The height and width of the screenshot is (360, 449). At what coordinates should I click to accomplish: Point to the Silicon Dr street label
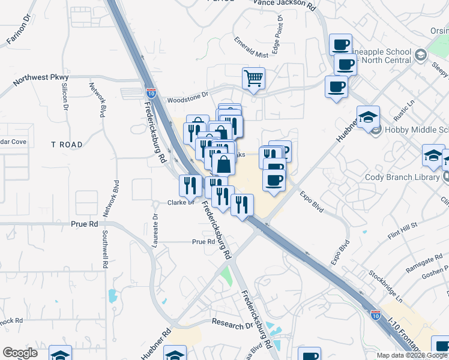(64, 96)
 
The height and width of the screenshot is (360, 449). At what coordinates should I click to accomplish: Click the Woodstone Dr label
(187, 95)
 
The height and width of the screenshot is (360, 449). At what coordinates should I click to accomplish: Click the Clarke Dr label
(179, 202)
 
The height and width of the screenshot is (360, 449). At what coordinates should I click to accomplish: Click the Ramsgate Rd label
(406, 259)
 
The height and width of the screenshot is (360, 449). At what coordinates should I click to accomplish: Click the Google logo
(20, 353)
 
